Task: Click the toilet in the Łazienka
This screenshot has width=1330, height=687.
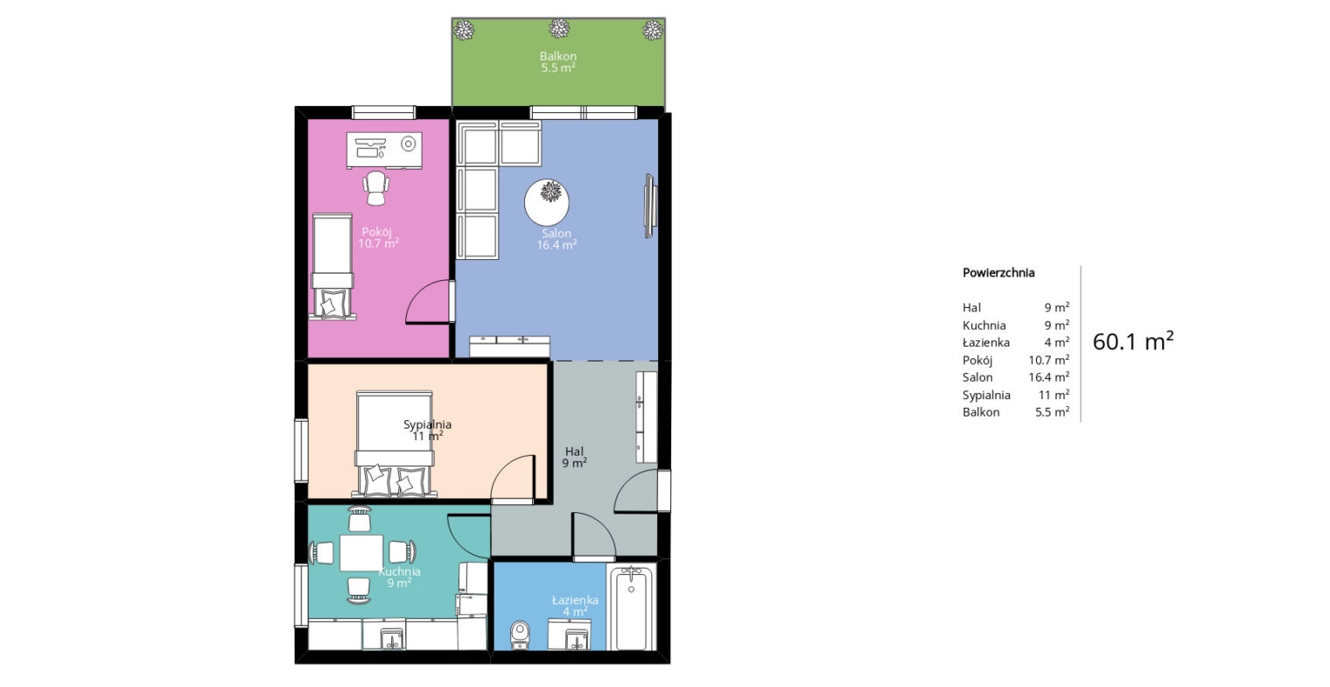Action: pos(520,635)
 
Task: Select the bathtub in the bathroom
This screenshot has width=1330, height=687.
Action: pos(632,607)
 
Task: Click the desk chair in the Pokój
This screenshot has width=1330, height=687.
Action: pos(376,188)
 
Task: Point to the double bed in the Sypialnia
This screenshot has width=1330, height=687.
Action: pos(395,443)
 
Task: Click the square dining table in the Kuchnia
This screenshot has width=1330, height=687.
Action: pos(361,553)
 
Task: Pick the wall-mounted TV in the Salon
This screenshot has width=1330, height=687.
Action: pos(650,206)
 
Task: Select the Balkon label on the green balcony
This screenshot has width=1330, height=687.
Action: pos(558,56)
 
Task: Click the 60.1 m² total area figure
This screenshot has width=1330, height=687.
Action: pos(1133,341)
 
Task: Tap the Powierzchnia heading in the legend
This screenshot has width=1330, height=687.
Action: pos(998,272)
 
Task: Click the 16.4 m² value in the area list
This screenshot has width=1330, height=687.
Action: pos(1049,377)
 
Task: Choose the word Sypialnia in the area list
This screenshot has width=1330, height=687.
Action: pos(986,395)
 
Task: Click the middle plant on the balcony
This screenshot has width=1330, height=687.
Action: pos(559,28)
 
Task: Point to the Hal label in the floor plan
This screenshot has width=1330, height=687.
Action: pos(574,452)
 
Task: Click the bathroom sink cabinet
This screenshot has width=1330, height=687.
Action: pos(570,634)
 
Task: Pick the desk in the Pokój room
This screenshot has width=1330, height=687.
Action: pos(384,151)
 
